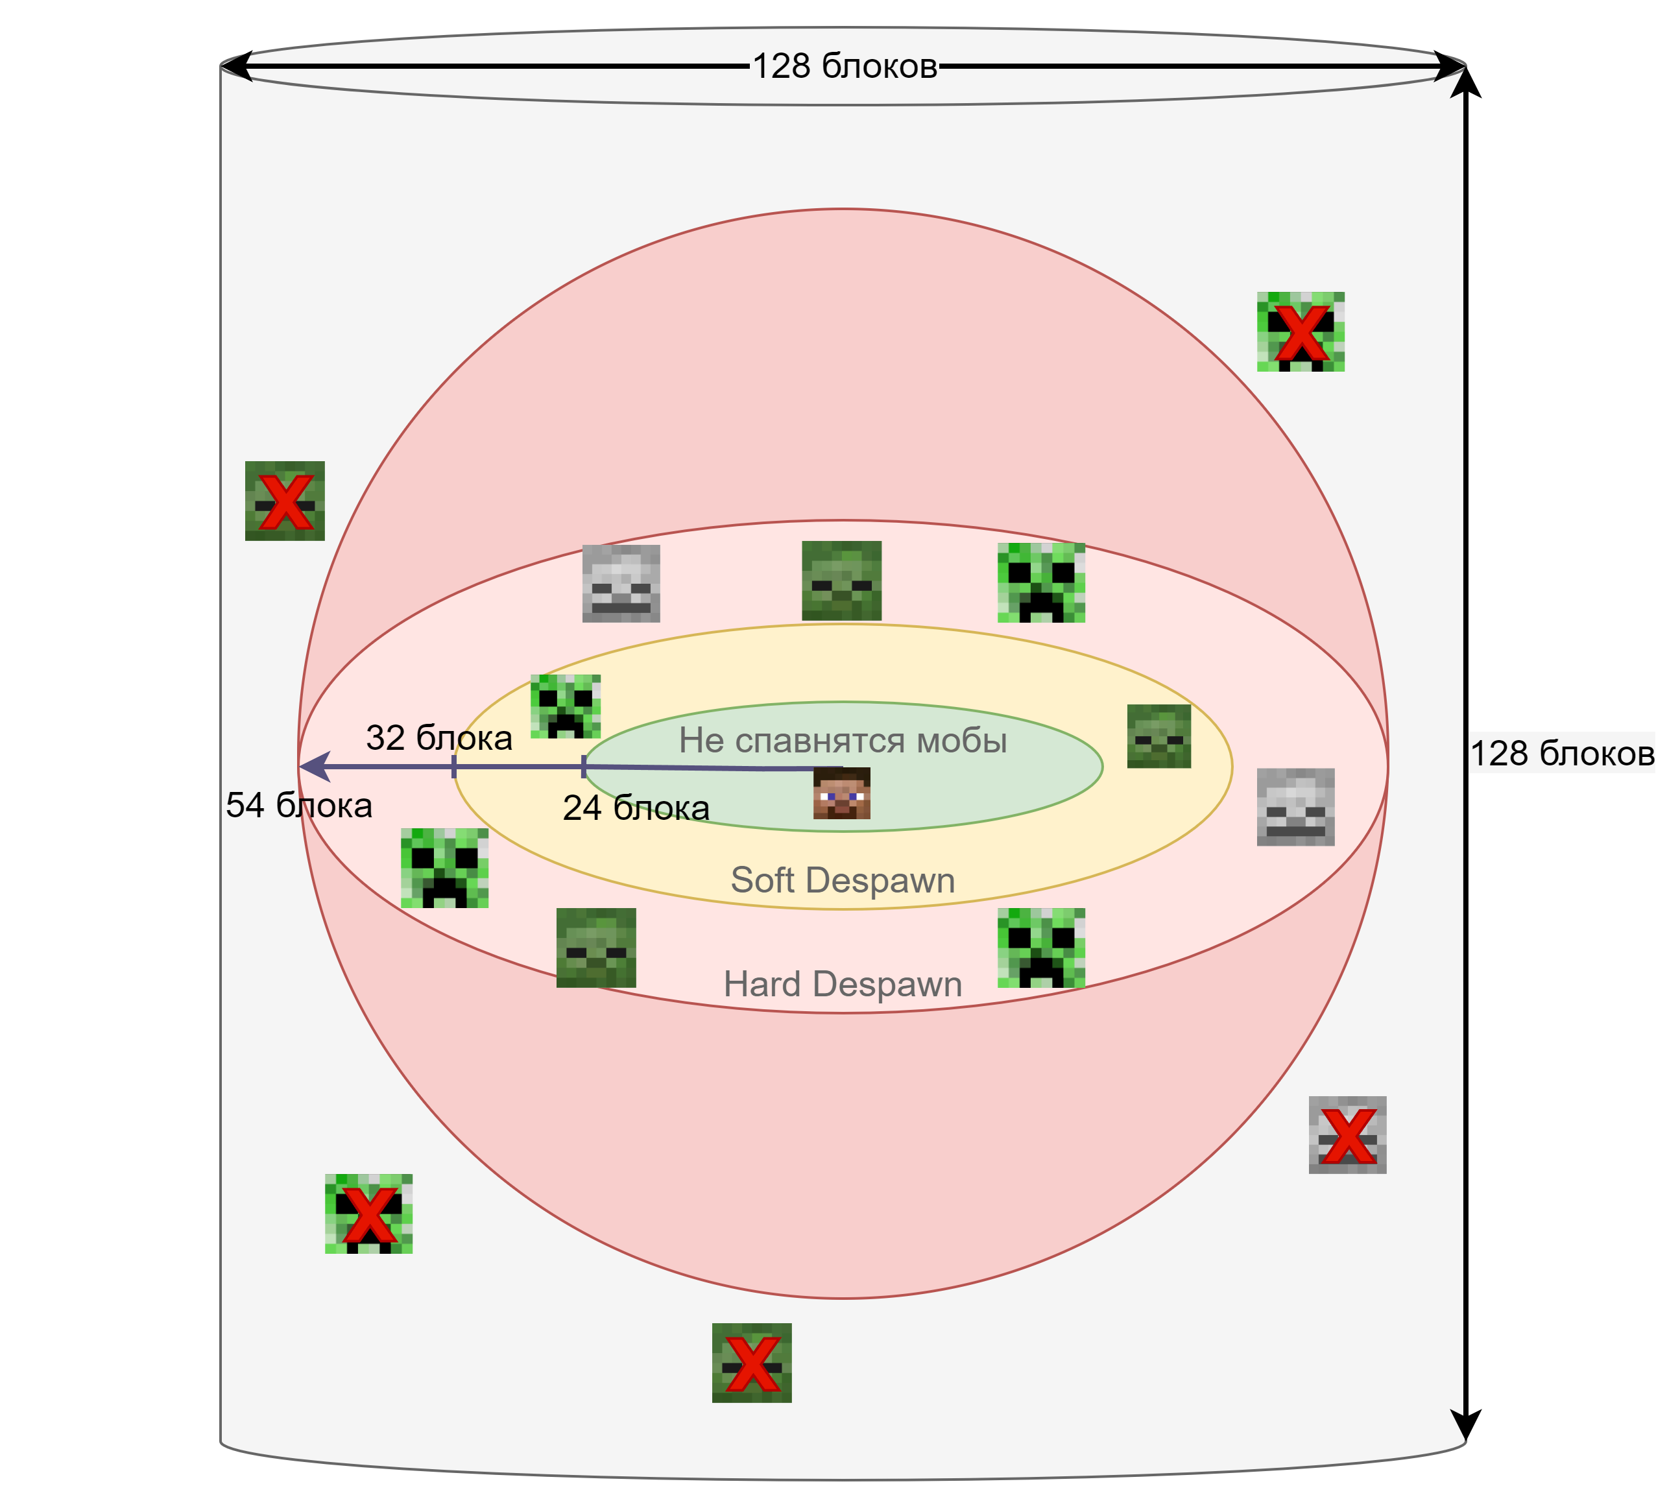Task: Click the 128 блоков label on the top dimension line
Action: pyautogui.click(x=845, y=66)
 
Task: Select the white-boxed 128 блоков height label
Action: pyautogui.click(x=1561, y=752)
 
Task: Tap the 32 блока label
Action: pyautogui.click(x=439, y=737)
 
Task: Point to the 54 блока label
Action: pyautogui.click(x=298, y=806)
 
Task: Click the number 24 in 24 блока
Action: pyautogui.click(x=582, y=808)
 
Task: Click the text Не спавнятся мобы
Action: pyautogui.click(x=843, y=740)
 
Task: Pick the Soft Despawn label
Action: pyautogui.click(x=843, y=880)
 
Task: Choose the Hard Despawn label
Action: pyautogui.click(x=843, y=984)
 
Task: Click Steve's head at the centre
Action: pyautogui.click(x=841, y=793)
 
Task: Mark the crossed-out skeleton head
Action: pyautogui.click(x=1347, y=1135)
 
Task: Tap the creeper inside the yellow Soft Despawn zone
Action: pyautogui.click(x=566, y=706)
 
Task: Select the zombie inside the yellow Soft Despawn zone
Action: pyautogui.click(x=1159, y=736)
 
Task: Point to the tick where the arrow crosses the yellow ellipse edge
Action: pyautogui.click(x=454, y=767)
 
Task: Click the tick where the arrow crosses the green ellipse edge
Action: pyautogui.click(x=584, y=767)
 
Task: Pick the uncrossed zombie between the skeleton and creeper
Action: pyautogui.click(x=841, y=581)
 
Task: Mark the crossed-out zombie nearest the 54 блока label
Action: pyautogui.click(x=285, y=501)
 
